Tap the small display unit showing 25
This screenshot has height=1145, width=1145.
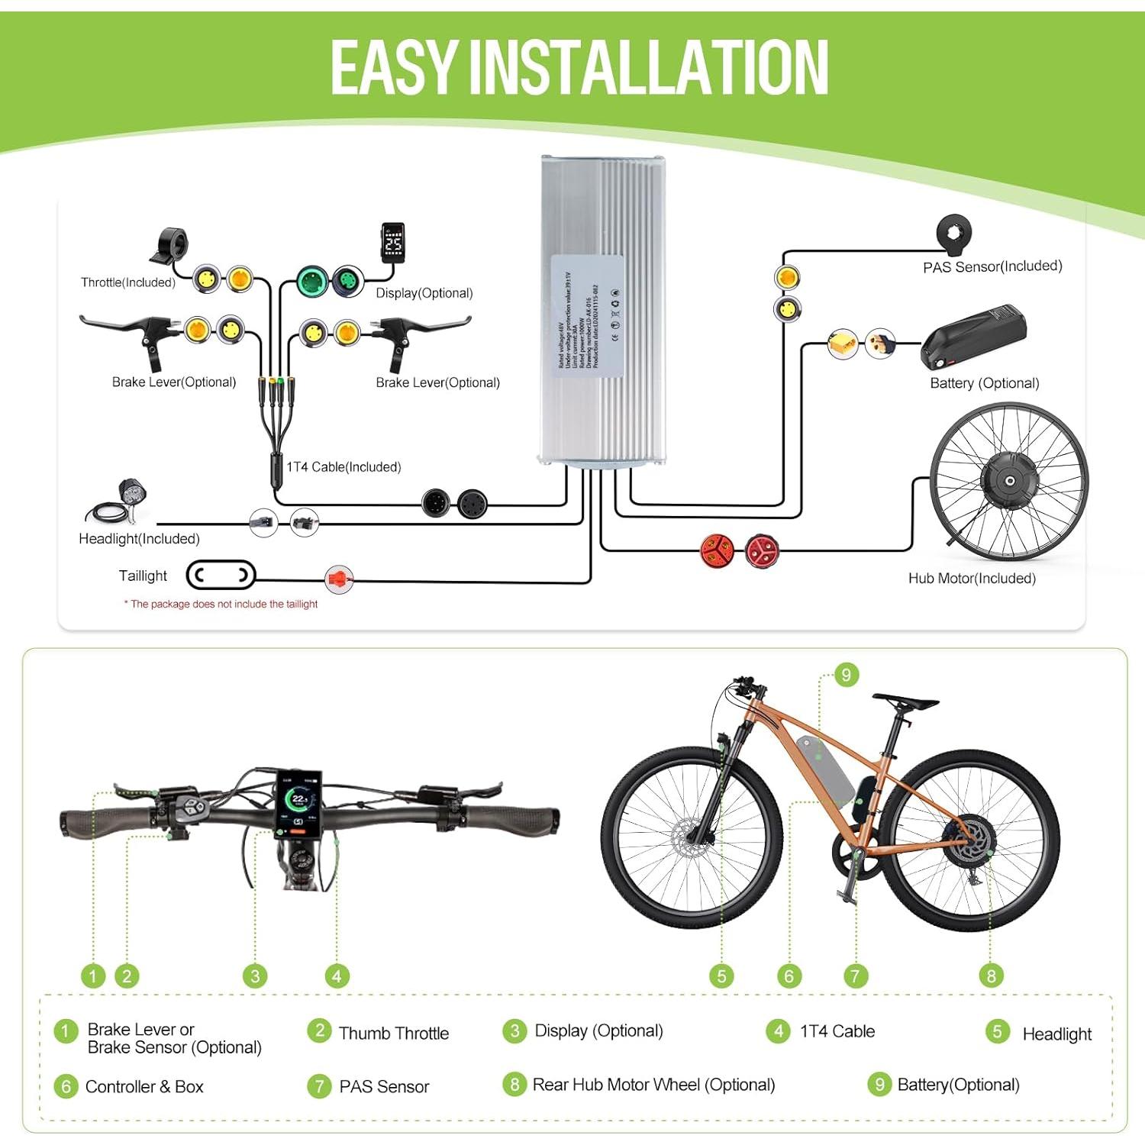point(393,244)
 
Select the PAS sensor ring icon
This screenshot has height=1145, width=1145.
point(954,234)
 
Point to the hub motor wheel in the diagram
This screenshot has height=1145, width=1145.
point(1009,481)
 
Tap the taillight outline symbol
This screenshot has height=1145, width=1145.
point(221,575)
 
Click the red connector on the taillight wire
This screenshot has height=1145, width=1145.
point(338,579)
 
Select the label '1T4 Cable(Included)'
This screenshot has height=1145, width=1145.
point(343,467)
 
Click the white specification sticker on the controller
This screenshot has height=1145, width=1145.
point(587,316)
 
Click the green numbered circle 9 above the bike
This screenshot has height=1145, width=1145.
point(846,675)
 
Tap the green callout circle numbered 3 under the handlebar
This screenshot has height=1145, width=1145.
point(255,976)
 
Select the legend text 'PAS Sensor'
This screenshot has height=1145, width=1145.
point(384,1086)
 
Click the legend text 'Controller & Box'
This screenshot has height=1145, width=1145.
point(144,1086)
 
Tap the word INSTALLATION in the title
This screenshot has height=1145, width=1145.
point(648,69)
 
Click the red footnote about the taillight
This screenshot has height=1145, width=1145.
point(221,604)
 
